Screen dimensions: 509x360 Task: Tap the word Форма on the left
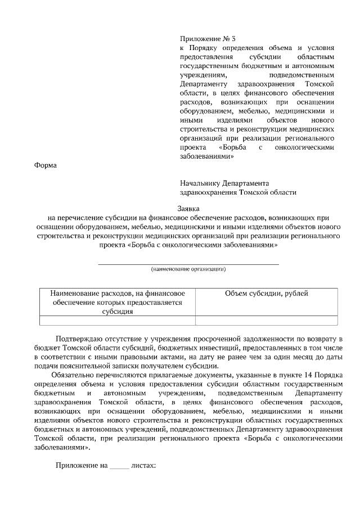(46, 165)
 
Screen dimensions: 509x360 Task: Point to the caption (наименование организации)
(188, 269)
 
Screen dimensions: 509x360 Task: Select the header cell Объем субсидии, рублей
(266, 294)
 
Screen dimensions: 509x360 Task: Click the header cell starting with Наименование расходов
(118, 302)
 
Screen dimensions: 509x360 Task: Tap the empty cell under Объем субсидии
(266, 321)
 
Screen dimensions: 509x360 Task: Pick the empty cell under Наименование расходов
(118, 321)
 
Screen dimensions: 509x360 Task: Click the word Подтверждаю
(82, 339)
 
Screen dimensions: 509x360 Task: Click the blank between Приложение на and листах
(119, 466)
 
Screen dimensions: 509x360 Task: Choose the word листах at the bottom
(143, 466)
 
